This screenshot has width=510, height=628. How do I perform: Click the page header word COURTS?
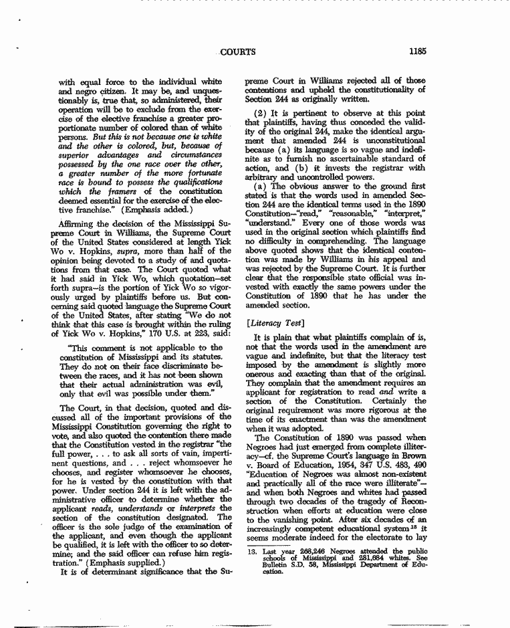click(x=238, y=51)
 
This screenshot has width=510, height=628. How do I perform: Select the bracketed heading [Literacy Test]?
click(x=269, y=324)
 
